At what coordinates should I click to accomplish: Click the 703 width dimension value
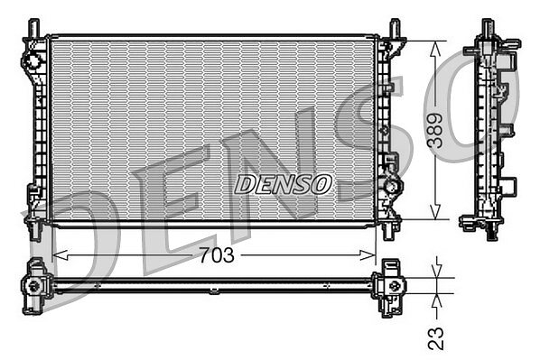[x=217, y=255]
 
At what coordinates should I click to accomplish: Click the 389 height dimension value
[x=435, y=131]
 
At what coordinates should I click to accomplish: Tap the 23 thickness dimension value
[x=436, y=338]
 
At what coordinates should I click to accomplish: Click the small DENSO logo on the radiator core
[x=283, y=184]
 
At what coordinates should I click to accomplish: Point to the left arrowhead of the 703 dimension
[x=60, y=255]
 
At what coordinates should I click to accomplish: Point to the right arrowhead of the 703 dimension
[x=368, y=255]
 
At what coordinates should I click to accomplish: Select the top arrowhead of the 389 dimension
[x=435, y=49]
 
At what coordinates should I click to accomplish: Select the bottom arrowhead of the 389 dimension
[x=435, y=211]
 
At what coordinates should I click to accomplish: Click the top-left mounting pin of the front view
[x=33, y=27]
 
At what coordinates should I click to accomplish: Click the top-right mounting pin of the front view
[x=395, y=27]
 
